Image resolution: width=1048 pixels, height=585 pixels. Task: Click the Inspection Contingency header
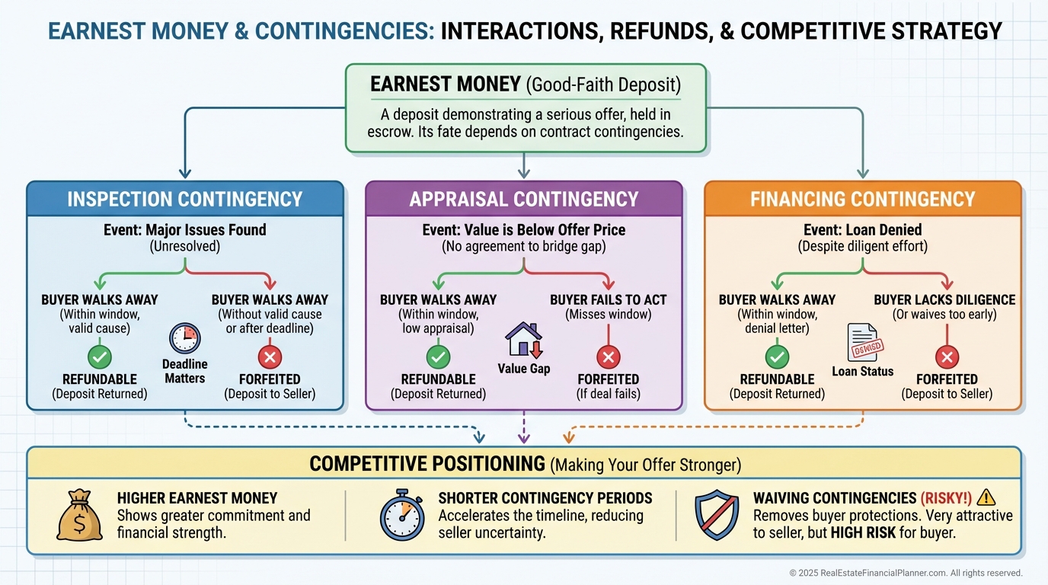[185, 200]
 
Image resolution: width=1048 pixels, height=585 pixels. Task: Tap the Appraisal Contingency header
[524, 200]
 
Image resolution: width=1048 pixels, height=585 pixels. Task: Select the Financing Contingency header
[862, 200]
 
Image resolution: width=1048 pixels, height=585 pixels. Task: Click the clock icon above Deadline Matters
[184, 337]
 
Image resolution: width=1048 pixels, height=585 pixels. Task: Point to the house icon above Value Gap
[524, 339]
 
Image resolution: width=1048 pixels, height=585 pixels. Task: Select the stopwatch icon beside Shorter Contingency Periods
[401, 515]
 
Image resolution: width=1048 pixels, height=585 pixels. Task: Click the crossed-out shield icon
[717, 515]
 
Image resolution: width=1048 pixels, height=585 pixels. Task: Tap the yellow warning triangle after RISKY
[986, 497]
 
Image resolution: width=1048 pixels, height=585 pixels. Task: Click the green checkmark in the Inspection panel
[99, 356]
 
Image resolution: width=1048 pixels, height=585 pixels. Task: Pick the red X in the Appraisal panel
[608, 356]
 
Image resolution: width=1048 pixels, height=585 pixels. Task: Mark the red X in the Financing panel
[946, 356]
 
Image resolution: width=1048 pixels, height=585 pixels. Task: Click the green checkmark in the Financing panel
[777, 356]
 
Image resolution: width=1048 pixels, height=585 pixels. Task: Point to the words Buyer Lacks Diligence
[944, 300]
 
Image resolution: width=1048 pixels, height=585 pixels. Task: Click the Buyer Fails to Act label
[608, 300]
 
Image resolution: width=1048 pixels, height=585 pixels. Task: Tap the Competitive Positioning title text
[427, 463]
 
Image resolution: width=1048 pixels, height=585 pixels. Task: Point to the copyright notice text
[906, 573]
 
